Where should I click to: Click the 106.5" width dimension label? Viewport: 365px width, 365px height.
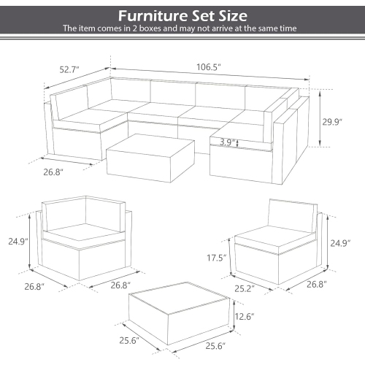208,66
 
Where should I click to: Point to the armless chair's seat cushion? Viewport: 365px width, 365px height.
273,235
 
